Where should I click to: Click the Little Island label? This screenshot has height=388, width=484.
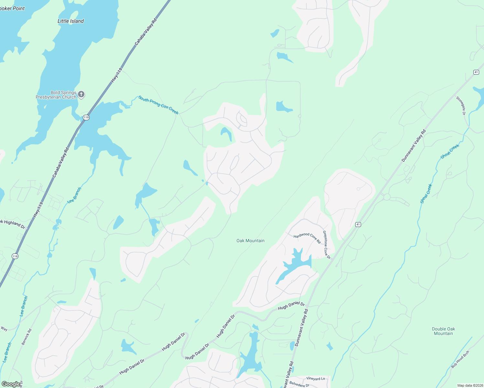[x=71, y=21]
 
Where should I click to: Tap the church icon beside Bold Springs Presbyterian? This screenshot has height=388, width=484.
[x=81, y=94]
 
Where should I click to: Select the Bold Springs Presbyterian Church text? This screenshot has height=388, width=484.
[x=56, y=95]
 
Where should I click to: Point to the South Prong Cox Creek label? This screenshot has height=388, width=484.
[x=158, y=105]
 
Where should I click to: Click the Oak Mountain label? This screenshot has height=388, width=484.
[x=250, y=241]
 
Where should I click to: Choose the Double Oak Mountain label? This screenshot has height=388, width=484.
[x=443, y=331]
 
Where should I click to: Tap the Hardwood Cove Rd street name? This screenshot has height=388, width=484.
[x=307, y=238]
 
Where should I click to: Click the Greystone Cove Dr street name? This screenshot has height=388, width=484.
[x=327, y=245]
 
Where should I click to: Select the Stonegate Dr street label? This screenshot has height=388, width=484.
[x=460, y=105]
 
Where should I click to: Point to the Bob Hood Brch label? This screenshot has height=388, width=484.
[x=460, y=359]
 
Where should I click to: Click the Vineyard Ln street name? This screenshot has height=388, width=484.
[x=315, y=378]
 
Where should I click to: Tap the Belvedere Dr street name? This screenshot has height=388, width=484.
[x=299, y=385]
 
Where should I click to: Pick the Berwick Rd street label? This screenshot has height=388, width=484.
[x=27, y=337]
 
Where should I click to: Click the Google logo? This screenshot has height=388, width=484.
[x=11, y=384]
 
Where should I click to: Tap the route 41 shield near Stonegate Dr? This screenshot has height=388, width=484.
[x=476, y=72]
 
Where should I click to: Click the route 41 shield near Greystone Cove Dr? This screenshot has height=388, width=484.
[x=358, y=224]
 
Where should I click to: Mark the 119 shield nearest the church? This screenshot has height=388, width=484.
[x=86, y=117]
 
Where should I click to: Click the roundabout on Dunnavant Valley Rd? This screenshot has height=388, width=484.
[x=387, y=197]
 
